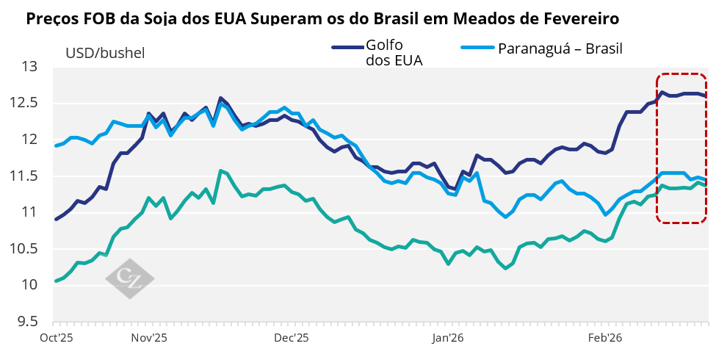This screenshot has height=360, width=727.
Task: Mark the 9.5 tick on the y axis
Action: [29, 321]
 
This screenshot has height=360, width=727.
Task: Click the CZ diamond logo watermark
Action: [129, 278]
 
